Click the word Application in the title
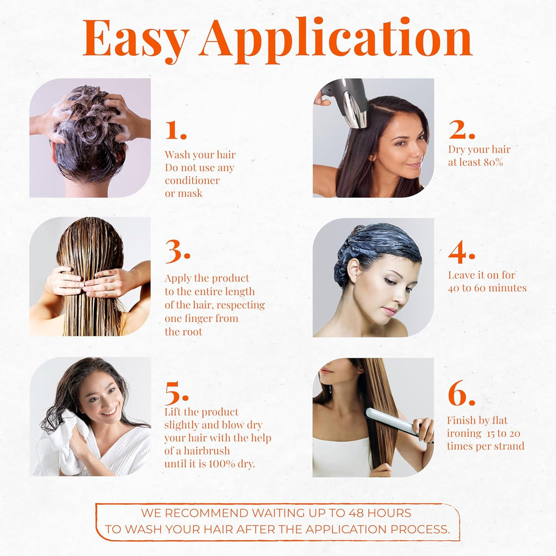click(x=335, y=39)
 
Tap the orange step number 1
click(x=175, y=130)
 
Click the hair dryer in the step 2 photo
click(x=347, y=100)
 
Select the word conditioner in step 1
click(x=192, y=181)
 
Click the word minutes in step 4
click(x=507, y=288)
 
